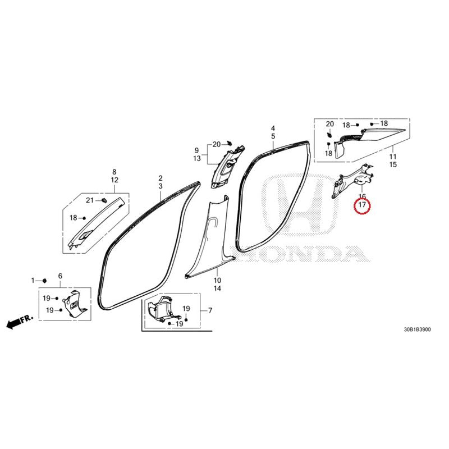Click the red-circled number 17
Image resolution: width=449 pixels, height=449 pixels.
click(x=362, y=205)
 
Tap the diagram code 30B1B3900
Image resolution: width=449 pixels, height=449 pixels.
click(x=417, y=329)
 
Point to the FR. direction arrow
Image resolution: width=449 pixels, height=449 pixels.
click(x=20, y=322)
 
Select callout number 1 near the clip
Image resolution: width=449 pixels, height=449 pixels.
click(x=33, y=280)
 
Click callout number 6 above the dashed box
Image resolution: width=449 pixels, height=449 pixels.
click(x=60, y=276)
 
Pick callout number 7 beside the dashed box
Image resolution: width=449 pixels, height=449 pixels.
click(x=210, y=310)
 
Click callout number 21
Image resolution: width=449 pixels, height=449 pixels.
click(x=90, y=200)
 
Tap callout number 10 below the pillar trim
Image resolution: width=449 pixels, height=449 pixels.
click(x=217, y=280)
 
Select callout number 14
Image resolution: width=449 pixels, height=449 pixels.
click(x=217, y=288)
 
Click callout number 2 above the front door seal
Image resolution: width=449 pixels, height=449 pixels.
click(x=161, y=178)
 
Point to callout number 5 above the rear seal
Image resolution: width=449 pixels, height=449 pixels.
click(x=273, y=136)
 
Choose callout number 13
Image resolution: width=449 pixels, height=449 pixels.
click(x=197, y=158)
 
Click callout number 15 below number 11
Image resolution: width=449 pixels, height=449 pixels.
click(x=393, y=164)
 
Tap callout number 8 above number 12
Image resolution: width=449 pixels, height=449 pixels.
click(x=114, y=172)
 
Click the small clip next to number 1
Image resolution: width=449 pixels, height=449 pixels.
click(x=44, y=281)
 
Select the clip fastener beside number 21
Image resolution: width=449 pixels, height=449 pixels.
click(x=104, y=200)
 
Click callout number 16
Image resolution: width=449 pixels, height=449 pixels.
click(x=362, y=197)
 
